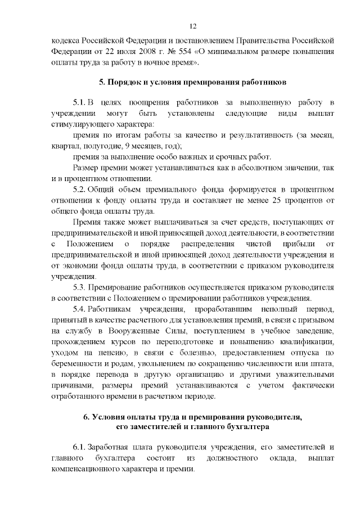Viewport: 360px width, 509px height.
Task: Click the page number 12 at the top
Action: pos(192,26)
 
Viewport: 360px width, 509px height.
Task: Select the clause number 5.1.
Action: pos(78,103)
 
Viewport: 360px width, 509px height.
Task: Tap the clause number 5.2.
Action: pos(78,189)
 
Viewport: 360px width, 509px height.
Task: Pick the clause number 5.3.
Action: pos(78,287)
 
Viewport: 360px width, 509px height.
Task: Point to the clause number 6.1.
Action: pos(78,447)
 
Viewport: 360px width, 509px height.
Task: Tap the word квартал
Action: pos(63,146)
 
